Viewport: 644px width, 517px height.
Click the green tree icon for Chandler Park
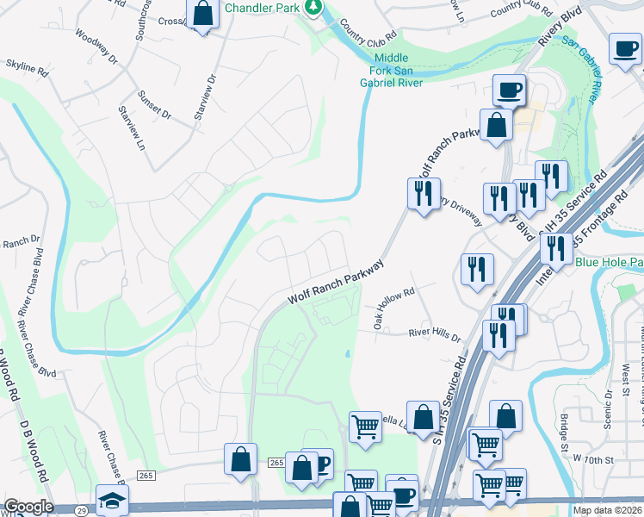[x=315, y=9]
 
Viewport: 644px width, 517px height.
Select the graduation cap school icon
[x=111, y=501]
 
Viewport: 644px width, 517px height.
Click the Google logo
[x=28, y=508]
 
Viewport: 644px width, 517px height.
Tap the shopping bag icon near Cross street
[x=202, y=14]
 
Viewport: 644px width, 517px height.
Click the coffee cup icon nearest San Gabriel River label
[x=626, y=48]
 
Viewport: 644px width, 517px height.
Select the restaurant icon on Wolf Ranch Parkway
[x=423, y=193]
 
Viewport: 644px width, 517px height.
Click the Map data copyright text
[x=607, y=510]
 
